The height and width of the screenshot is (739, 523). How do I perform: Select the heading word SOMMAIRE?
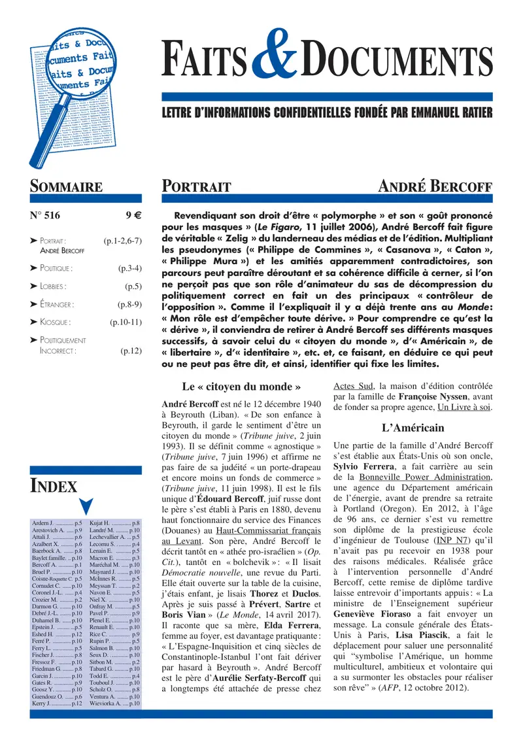pos(67,187)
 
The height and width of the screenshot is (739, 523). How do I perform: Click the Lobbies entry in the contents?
pos(53,286)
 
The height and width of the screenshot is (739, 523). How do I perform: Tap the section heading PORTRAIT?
pos(196,187)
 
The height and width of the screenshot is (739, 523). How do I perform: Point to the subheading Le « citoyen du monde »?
pos(241,387)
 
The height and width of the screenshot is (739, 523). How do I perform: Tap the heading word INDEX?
pos(54,486)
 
